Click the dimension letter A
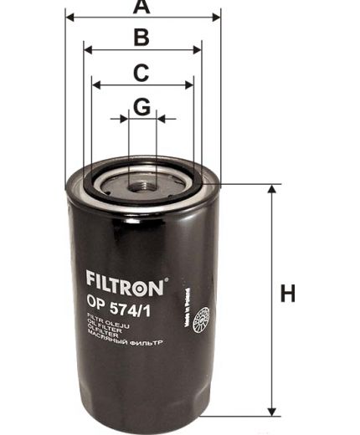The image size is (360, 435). pos(142,8)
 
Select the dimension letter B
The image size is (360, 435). pos(142,38)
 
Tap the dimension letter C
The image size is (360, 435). pos(142,73)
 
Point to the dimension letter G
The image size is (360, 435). pos(142,107)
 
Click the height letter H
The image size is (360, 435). pos(288,294)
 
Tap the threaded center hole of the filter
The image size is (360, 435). pos(143,178)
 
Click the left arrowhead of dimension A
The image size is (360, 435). pos(69,15)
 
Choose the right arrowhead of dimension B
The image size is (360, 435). pos(198,49)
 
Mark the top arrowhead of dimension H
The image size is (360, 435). pos(271,190)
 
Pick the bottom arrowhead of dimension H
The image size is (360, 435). pos(271,410)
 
